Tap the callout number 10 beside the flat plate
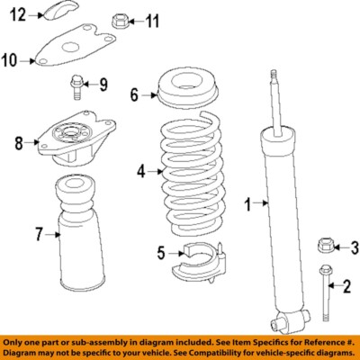(x=11, y=60)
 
